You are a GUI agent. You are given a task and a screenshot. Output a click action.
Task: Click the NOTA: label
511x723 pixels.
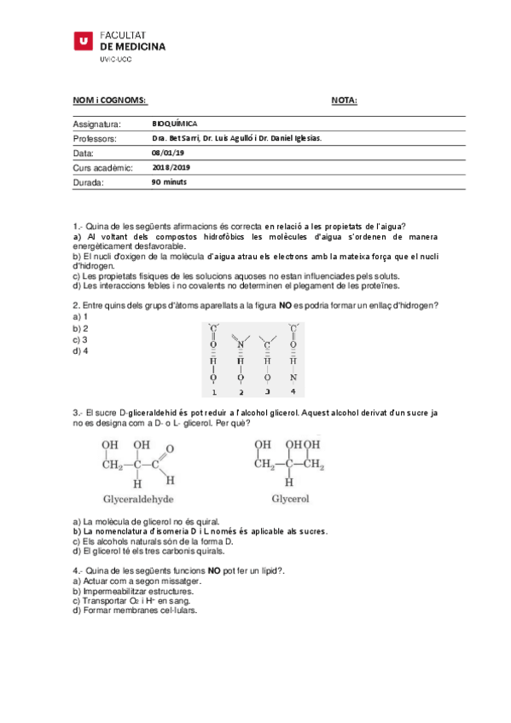tap(344, 101)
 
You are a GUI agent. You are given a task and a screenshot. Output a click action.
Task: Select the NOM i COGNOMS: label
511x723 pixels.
tap(110, 101)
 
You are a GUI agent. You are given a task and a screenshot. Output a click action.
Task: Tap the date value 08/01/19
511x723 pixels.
tap(167, 153)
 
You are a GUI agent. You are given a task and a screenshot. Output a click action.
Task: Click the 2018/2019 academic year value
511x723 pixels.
tap(173, 167)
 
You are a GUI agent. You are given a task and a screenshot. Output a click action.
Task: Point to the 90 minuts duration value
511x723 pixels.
tap(169, 182)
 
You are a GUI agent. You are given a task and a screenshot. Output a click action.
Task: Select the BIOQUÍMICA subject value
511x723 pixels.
tap(174, 124)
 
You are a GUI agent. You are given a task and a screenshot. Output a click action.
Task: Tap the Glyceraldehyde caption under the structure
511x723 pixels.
tap(138, 499)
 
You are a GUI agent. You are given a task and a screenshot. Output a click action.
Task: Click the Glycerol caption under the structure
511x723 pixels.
tap(290, 499)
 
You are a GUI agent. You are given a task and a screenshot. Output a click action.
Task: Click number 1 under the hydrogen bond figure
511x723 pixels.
tap(214, 392)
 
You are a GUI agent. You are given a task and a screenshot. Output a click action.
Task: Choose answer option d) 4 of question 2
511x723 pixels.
tap(81, 350)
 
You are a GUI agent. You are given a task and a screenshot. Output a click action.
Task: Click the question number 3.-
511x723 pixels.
tap(78, 412)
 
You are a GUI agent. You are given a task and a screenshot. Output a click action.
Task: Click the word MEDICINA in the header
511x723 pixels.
tap(139, 46)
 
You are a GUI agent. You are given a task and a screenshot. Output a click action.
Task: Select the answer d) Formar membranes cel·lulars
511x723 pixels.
tap(135, 611)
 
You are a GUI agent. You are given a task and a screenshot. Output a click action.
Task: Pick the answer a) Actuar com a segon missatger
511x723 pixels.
tap(133, 581)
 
